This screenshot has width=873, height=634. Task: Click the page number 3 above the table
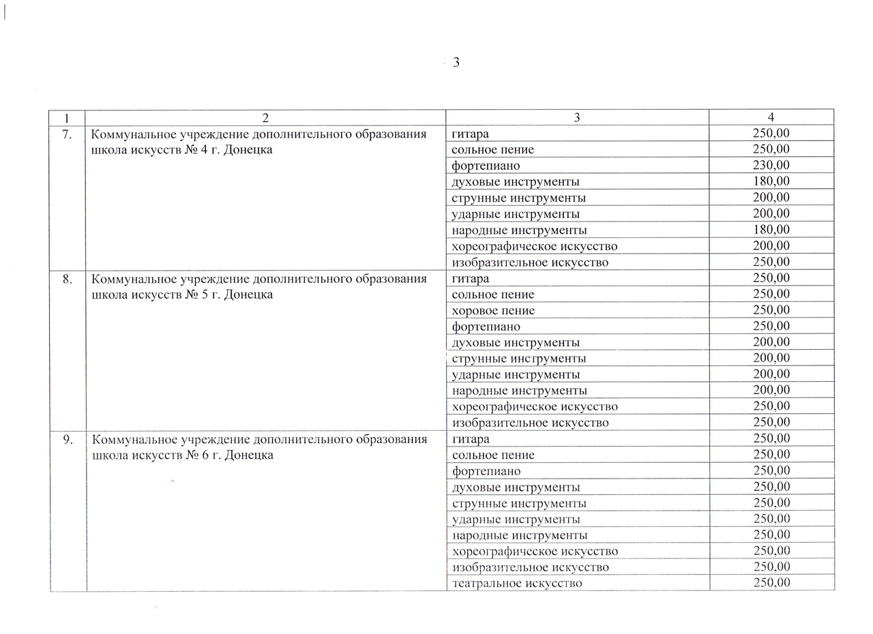point(456,63)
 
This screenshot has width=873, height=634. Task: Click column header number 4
point(771,117)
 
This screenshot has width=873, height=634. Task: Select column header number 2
point(265,117)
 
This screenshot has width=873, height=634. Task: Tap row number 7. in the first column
point(67,134)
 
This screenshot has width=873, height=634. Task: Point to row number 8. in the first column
point(68,278)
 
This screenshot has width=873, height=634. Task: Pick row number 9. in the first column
point(68,439)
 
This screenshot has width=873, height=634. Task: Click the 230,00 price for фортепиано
point(771,165)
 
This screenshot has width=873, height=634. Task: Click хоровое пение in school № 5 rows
point(493,311)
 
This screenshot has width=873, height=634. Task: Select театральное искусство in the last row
point(517,584)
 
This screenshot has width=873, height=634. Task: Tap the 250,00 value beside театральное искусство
point(772,583)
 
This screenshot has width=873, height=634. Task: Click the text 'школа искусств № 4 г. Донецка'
point(181,150)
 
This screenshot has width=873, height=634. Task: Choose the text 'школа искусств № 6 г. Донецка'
point(182,455)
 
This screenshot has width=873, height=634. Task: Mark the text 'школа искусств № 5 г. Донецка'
point(181,295)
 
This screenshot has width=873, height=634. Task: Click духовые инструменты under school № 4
point(516,182)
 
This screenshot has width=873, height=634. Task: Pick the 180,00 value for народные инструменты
point(771,230)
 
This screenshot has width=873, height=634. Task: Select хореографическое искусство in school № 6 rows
point(535,552)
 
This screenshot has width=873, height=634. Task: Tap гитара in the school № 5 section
point(471,278)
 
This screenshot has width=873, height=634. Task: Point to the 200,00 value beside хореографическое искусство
point(771,245)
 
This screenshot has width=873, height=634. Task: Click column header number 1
point(67,117)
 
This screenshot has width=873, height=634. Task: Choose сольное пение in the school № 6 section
point(493,455)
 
